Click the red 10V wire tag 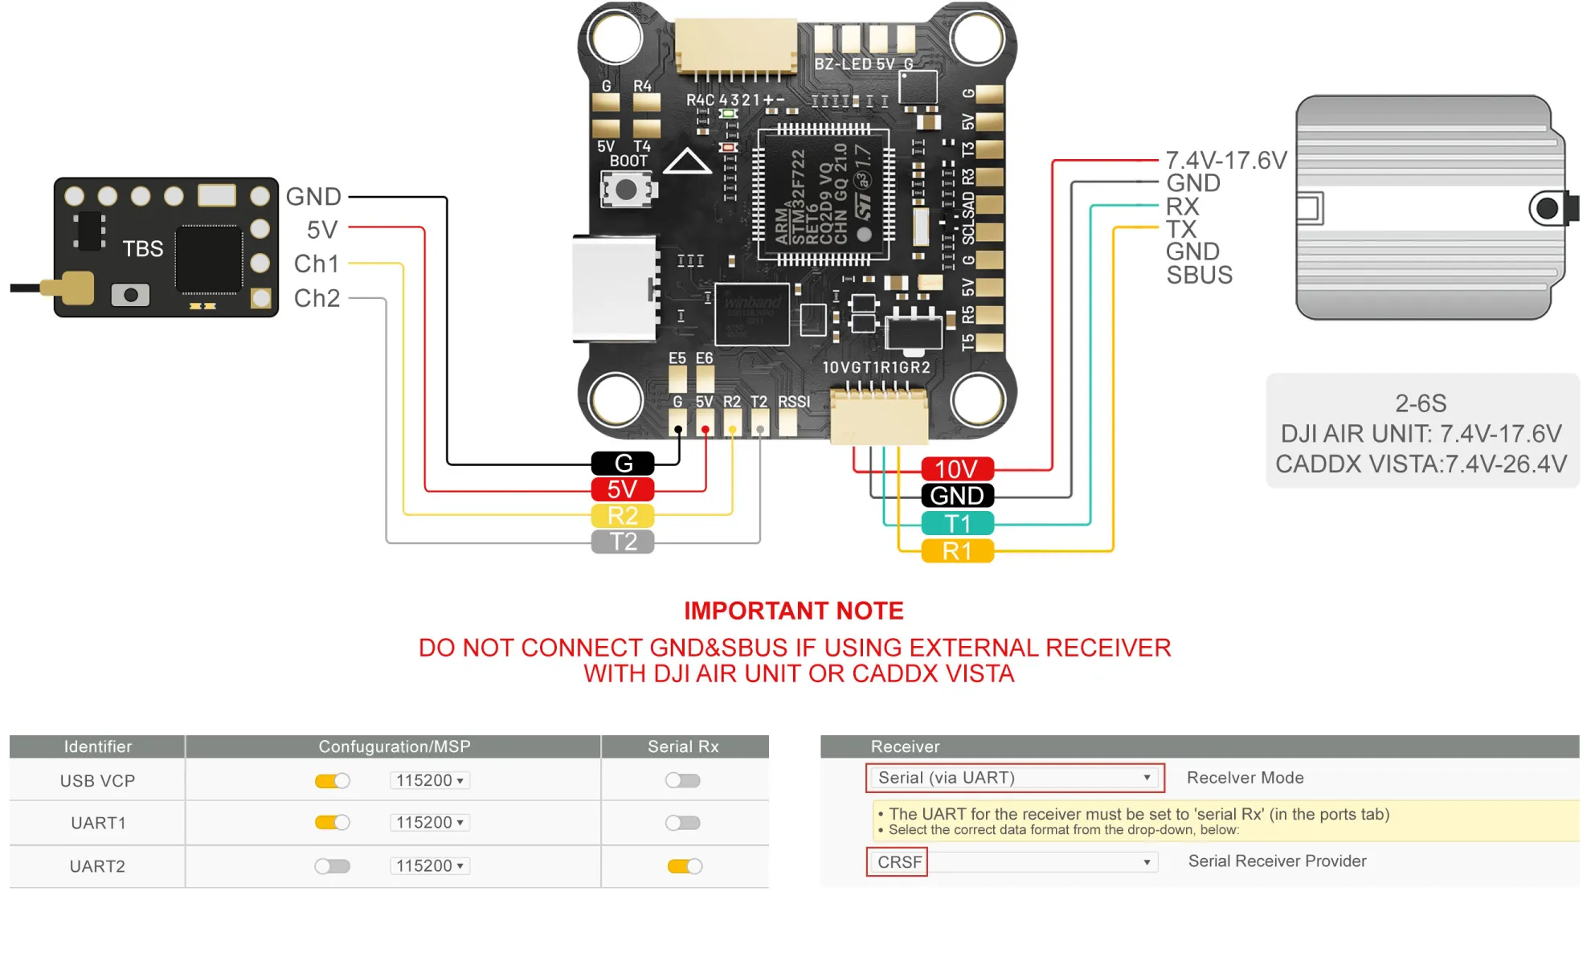957,469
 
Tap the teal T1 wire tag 957,524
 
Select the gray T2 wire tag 623,542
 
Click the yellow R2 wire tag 623,516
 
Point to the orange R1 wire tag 957,551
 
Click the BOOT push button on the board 627,190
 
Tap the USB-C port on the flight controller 615,288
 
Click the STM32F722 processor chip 823,195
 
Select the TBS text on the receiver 143,249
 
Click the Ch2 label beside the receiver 317,298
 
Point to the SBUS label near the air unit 1199,276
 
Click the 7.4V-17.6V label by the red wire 1226,160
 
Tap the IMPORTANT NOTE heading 794,611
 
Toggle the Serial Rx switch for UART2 685,866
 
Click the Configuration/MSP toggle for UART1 332,823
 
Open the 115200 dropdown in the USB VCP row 430,780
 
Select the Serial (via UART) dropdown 1015,778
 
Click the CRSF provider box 898,862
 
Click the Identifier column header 98,746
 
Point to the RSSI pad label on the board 794,402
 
